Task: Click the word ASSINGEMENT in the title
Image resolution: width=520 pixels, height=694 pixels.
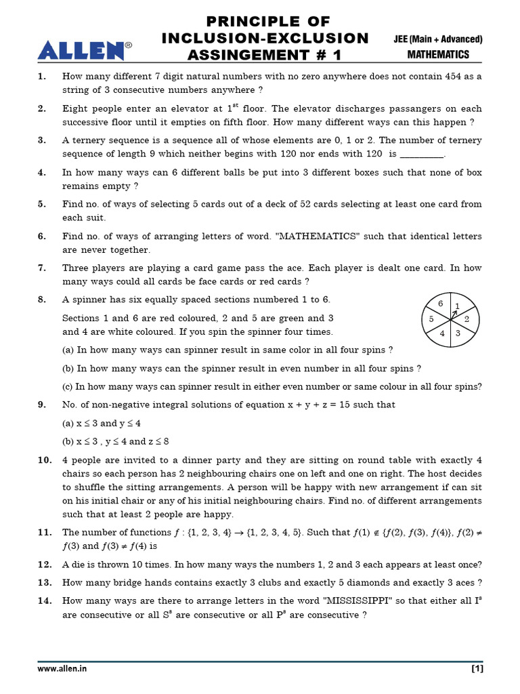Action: (246, 54)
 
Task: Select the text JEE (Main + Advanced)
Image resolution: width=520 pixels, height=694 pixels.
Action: (438, 39)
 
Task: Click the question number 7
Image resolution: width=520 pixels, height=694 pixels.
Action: (42, 268)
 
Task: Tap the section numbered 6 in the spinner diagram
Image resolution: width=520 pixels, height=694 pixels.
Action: (441, 304)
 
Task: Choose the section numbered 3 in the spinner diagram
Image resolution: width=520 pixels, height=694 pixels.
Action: (458, 333)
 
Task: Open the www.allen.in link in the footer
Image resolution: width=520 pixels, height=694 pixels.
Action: (62, 668)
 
